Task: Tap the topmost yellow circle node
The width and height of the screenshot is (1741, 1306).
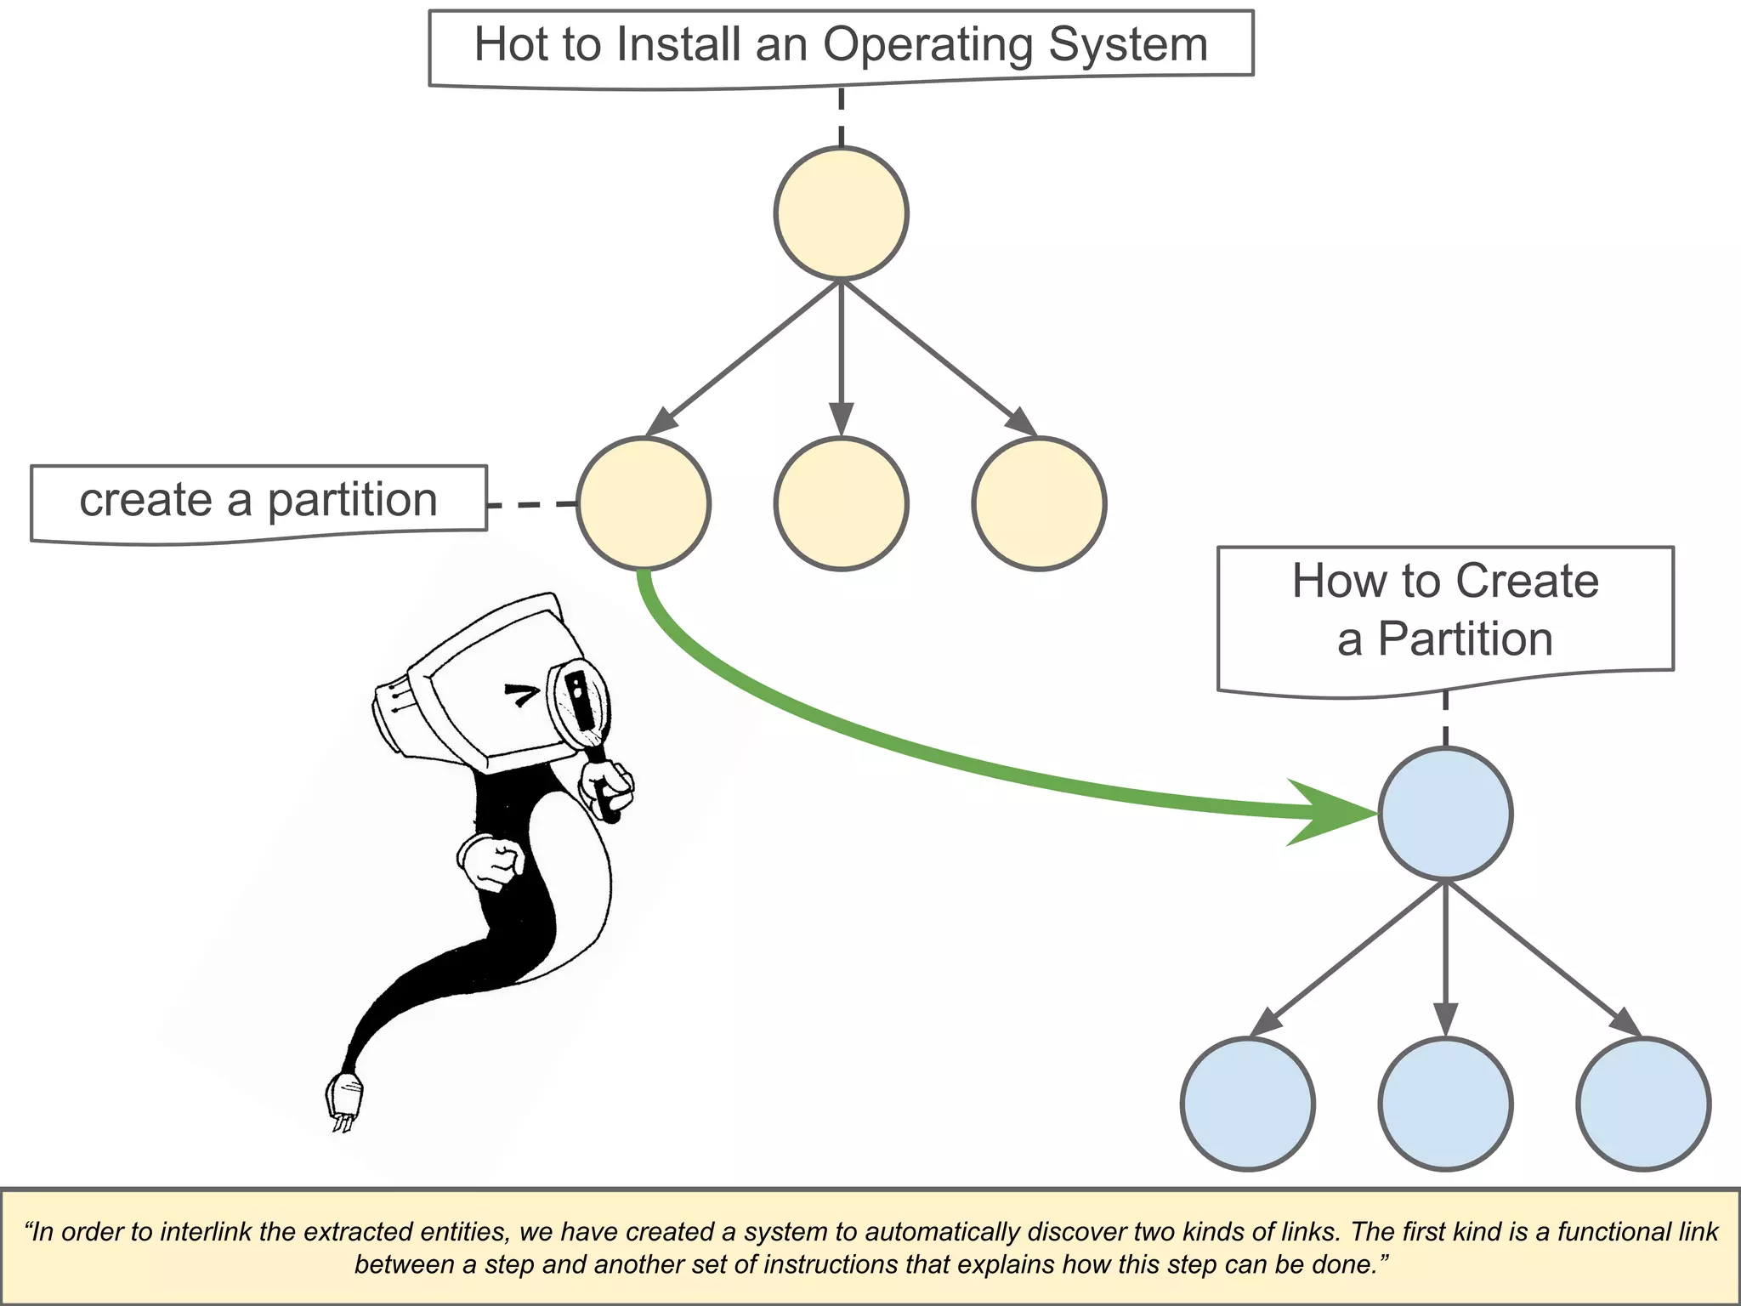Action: click(x=841, y=213)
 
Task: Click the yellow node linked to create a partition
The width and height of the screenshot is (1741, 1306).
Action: click(x=644, y=503)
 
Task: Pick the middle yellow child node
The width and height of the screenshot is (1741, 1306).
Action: click(x=841, y=503)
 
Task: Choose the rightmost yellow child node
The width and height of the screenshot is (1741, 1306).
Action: click(x=1039, y=503)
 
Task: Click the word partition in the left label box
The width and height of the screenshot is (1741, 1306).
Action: click(x=353, y=500)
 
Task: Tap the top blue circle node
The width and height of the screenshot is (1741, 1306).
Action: click(x=1445, y=814)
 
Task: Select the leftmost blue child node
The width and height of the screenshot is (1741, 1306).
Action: click(x=1247, y=1104)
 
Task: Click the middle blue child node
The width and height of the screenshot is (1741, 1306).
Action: click(x=1445, y=1104)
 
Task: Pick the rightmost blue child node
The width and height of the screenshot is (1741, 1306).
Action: click(x=1643, y=1104)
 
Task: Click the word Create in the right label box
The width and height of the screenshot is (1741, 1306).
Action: click(x=1527, y=582)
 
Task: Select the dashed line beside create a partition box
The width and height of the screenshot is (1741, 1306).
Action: click(x=532, y=504)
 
